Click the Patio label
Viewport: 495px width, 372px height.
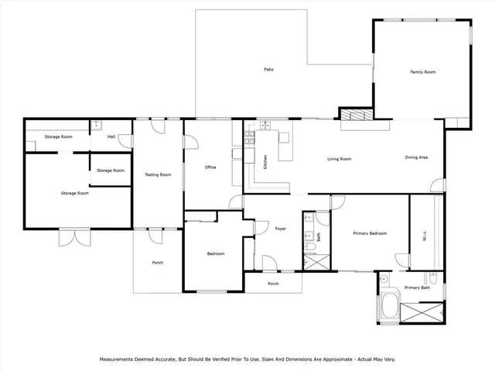point(268,70)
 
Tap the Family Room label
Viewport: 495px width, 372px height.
point(422,72)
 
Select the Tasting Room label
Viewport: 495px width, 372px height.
point(158,175)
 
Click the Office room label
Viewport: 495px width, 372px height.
point(210,167)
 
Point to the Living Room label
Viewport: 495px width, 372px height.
point(339,159)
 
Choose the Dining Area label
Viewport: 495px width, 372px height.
point(417,158)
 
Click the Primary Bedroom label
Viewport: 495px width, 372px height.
point(370,233)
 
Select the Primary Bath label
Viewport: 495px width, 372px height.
point(417,288)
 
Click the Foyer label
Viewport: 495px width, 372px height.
point(281,229)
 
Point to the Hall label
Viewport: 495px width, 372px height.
point(111,137)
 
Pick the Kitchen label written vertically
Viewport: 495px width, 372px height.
point(266,162)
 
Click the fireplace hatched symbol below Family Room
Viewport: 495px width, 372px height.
point(357,115)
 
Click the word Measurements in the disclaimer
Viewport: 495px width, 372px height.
point(121,360)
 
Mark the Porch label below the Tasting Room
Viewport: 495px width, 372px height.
point(157,263)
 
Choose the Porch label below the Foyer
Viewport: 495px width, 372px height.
point(273,284)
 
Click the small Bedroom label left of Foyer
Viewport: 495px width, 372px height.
point(215,253)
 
